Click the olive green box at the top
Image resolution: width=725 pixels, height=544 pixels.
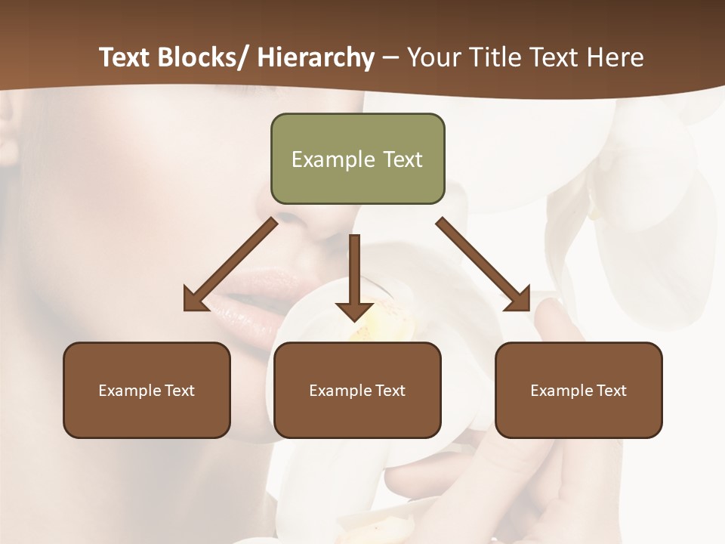click(357, 159)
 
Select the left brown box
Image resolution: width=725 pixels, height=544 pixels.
click(147, 390)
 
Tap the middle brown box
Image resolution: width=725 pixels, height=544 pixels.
click(357, 390)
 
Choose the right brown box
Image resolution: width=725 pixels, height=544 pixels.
click(578, 390)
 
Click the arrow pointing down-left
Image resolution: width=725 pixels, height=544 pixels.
click(230, 264)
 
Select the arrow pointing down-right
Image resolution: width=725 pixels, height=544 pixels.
click(484, 264)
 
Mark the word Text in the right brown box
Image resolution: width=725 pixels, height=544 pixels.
click(612, 391)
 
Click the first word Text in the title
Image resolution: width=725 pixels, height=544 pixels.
click(125, 58)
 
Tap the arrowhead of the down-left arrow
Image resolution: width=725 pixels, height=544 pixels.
click(195, 299)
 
